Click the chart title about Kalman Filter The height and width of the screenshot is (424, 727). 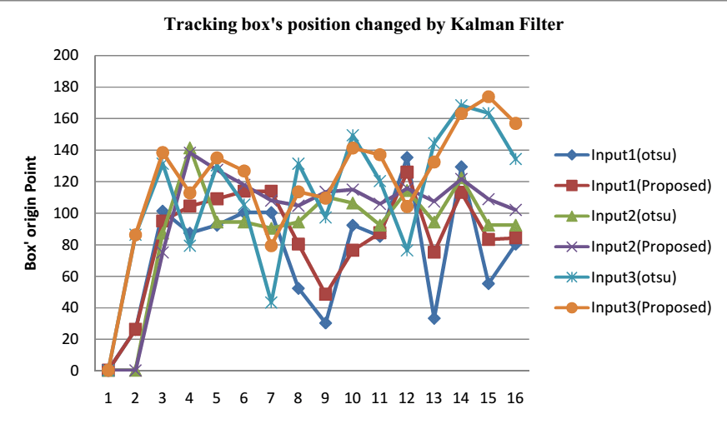[x=363, y=24]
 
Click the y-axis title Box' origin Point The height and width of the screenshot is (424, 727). [x=31, y=212]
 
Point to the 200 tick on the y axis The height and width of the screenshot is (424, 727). [x=66, y=56]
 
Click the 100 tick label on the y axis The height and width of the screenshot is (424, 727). [x=66, y=213]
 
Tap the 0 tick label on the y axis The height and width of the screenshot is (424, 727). [x=74, y=371]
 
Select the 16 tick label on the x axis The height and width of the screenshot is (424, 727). [x=515, y=397]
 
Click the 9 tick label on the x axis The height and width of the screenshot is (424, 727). [x=325, y=397]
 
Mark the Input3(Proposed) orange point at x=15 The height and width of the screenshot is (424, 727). [x=489, y=97]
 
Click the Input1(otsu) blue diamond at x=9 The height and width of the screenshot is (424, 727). [x=325, y=323]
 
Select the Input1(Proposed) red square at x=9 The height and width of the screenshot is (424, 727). [x=325, y=294]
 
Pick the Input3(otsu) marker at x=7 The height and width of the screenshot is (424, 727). [x=271, y=302]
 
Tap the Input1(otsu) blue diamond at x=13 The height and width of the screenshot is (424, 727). [x=434, y=318]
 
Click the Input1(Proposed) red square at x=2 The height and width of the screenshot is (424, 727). [x=135, y=330]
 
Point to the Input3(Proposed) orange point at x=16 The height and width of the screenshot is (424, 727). [x=515, y=123]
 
